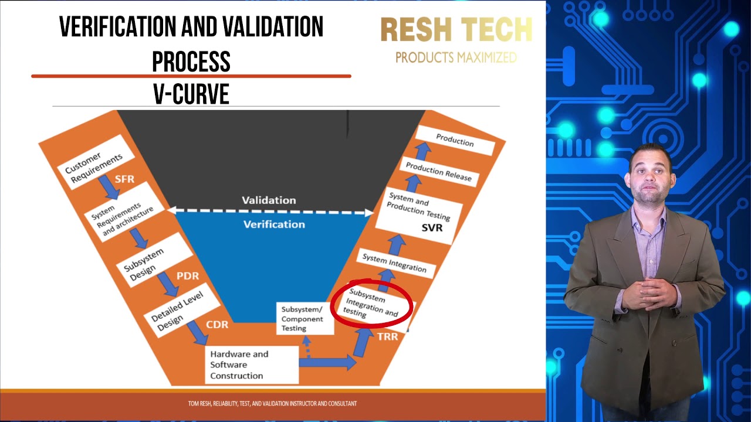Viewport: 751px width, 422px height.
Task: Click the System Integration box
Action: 394,263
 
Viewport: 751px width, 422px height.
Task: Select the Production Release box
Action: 439,172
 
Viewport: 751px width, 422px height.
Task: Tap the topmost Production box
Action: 455,141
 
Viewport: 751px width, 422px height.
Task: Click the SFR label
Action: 125,179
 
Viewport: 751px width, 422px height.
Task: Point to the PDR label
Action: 188,275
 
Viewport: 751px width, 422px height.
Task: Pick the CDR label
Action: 217,324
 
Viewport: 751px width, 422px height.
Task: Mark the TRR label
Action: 388,336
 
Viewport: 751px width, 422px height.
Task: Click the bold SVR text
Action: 432,227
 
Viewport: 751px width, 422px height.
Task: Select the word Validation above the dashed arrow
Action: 269,200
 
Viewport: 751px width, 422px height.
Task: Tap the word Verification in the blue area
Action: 274,224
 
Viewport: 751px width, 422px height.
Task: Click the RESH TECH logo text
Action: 456,29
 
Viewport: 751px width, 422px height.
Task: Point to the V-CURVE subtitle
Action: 191,94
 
